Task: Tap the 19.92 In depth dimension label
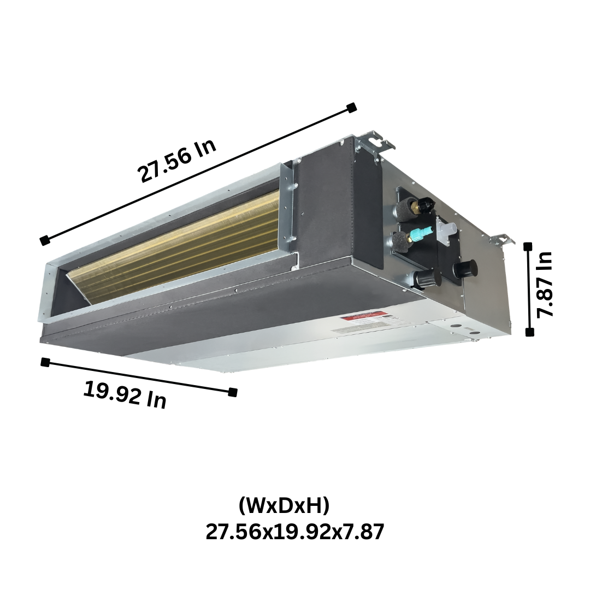125,394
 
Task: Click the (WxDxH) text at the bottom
284,505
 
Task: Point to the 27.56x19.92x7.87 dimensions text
295,531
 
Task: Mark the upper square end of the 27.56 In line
352,107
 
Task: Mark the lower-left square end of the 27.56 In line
44,240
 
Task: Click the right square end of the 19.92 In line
233,391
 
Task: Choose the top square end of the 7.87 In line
528,247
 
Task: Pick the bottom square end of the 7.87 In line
529,332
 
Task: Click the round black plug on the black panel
465,268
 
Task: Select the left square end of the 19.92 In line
45,362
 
